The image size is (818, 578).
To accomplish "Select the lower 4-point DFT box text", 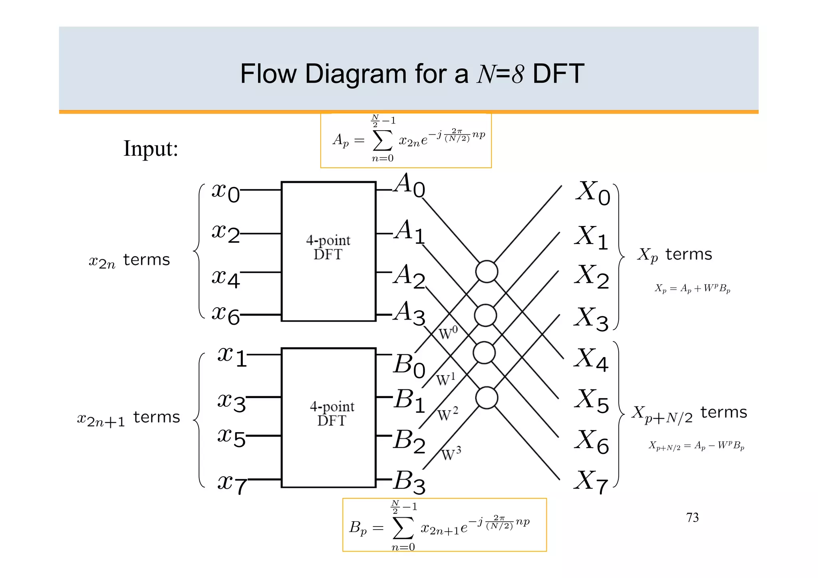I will pyautogui.click(x=332, y=414).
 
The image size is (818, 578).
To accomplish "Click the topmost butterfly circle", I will pyautogui.click(x=486, y=272).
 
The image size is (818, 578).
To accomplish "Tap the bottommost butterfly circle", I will pyautogui.click(x=486, y=398).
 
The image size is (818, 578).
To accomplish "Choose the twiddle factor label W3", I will pyautogui.click(x=451, y=454).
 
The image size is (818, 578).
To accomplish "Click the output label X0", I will pyautogui.click(x=593, y=193).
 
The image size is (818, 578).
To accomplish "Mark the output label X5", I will pyautogui.click(x=592, y=401).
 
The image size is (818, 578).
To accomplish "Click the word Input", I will pyautogui.click(x=151, y=149).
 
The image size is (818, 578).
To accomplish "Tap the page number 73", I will pyautogui.click(x=692, y=518).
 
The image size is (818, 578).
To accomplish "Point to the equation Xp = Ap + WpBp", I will pyautogui.click(x=692, y=288).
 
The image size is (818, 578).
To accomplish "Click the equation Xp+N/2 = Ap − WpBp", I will pyautogui.click(x=696, y=445).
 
